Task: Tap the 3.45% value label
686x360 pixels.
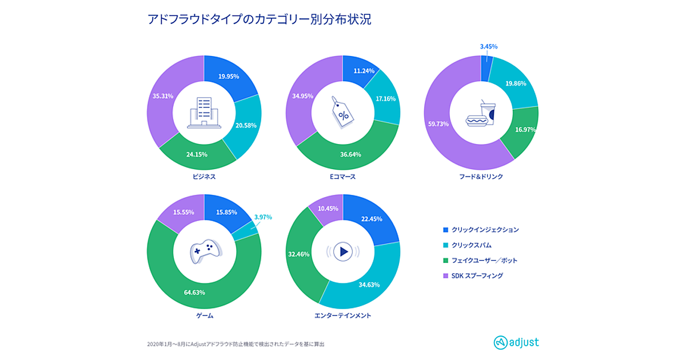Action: tap(488, 46)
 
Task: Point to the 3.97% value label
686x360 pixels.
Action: tap(264, 217)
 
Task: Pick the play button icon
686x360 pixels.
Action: tap(342, 251)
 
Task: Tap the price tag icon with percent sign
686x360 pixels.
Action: tap(342, 112)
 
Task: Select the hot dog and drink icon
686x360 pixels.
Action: tap(481, 113)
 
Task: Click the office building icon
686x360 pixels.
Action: tap(204, 112)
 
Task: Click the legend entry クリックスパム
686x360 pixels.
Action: tap(471, 245)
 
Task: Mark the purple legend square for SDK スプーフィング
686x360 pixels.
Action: tap(446, 276)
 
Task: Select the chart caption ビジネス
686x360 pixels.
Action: tap(204, 177)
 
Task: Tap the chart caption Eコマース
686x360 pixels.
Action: tap(342, 177)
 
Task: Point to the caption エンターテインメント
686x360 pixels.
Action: tap(342, 315)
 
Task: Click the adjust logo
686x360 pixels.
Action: tap(516, 342)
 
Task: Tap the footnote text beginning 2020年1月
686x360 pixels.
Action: tap(240, 344)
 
